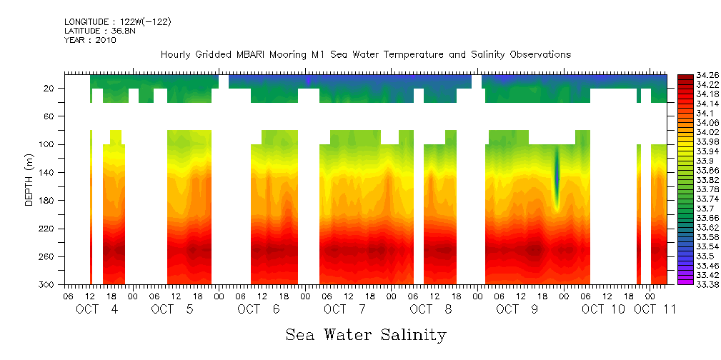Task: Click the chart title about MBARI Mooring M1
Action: click(366, 55)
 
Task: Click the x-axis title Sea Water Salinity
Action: click(366, 334)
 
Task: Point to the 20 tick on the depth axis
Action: click(50, 89)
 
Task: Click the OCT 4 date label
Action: click(97, 309)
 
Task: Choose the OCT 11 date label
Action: click(655, 309)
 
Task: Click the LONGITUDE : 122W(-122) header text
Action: click(118, 22)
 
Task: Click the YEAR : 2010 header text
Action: click(90, 41)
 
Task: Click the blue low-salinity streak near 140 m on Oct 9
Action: click(557, 175)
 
